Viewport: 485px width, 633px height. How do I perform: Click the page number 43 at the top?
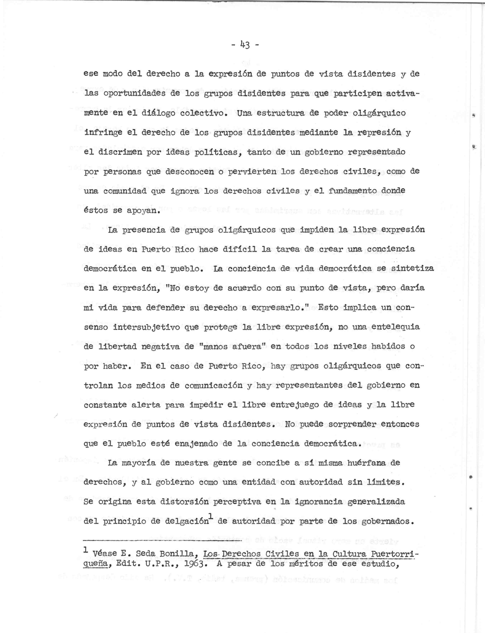245,45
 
